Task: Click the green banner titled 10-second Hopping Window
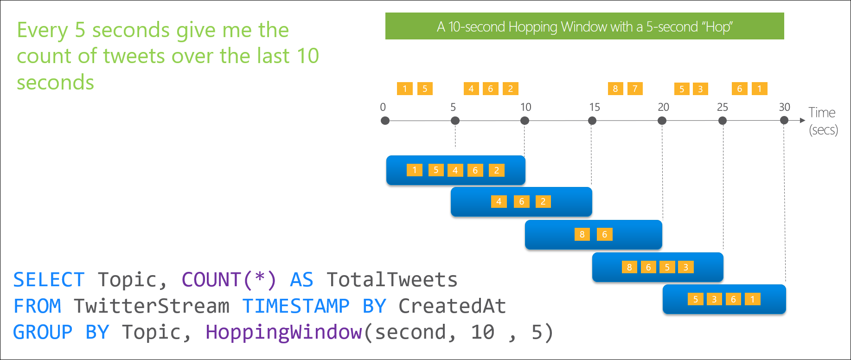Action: [x=584, y=26]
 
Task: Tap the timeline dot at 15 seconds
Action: [x=592, y=121]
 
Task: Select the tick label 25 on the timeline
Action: [x=723, y=107]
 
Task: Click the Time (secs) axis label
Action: [x=823, y=121]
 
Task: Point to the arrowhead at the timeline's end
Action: [x=803, y=121]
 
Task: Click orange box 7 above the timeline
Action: [x=635, y=89]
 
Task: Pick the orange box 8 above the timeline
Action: [x=615, y=89]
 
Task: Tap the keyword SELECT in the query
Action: [x=49, y=280]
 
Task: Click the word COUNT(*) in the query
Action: [x=229, y=280]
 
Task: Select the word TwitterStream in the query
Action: [x=151, y=306]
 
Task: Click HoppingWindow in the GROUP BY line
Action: [x=283, y=332]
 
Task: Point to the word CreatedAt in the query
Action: [x=452, y=306]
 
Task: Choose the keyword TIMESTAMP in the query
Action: [x=295, y=306]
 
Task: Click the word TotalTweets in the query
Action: [x=392, y=280]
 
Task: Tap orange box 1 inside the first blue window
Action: [x=415, y=170]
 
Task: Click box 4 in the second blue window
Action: [x=499, y=201]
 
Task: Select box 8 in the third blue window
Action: [x=582, y=234]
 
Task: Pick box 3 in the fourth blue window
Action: [x=686, y=267]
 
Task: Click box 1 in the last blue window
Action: [x=753, y=299]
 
